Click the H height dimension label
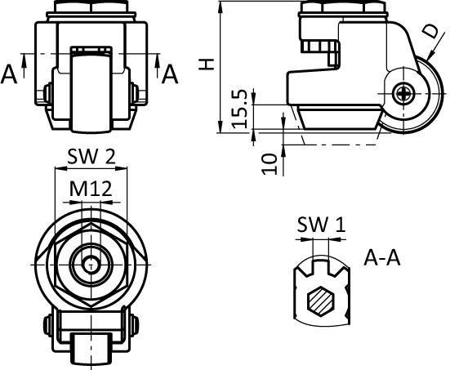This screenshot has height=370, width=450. (207, 65)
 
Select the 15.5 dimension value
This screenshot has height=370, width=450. (239, 109)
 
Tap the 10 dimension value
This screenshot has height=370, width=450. (270, 164)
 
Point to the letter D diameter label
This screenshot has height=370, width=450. (432, 31)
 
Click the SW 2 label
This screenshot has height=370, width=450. (91, 157)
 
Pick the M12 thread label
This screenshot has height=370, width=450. (91, 189)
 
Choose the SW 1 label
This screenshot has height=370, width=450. (322, 224)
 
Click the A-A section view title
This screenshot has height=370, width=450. (381, 257)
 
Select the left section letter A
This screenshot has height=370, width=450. (9, 74)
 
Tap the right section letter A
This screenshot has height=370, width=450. (170, 74)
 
